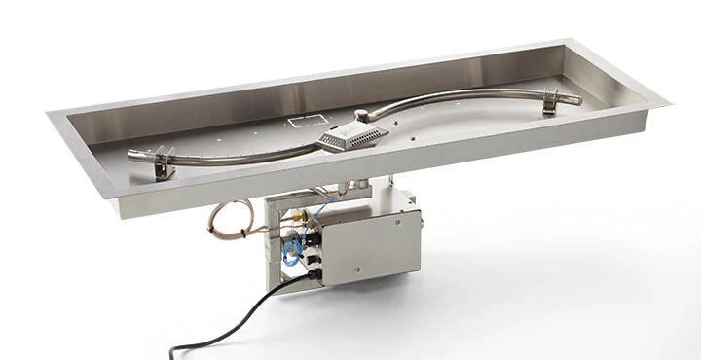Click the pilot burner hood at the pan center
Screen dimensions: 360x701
point(351,136)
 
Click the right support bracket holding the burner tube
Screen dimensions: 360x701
point(551,103)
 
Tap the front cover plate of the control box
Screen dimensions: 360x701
point(370,248)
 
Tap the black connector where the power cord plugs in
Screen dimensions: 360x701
point(314,274)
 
